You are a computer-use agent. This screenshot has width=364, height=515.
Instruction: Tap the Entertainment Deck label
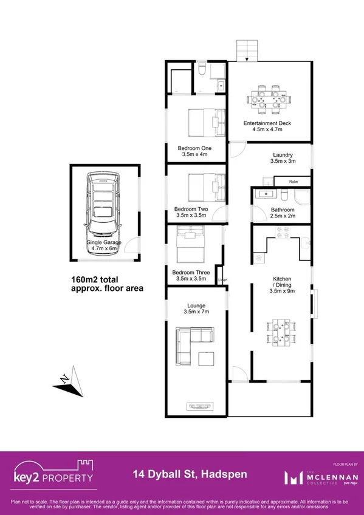click(x=267, y=123)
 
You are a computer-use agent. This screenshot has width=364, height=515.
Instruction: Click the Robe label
click(x=293, y=182)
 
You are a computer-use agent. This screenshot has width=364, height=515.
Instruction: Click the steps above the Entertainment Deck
click(x=247, y=50)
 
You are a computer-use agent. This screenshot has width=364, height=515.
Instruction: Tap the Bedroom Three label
click(x=191, y=273)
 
